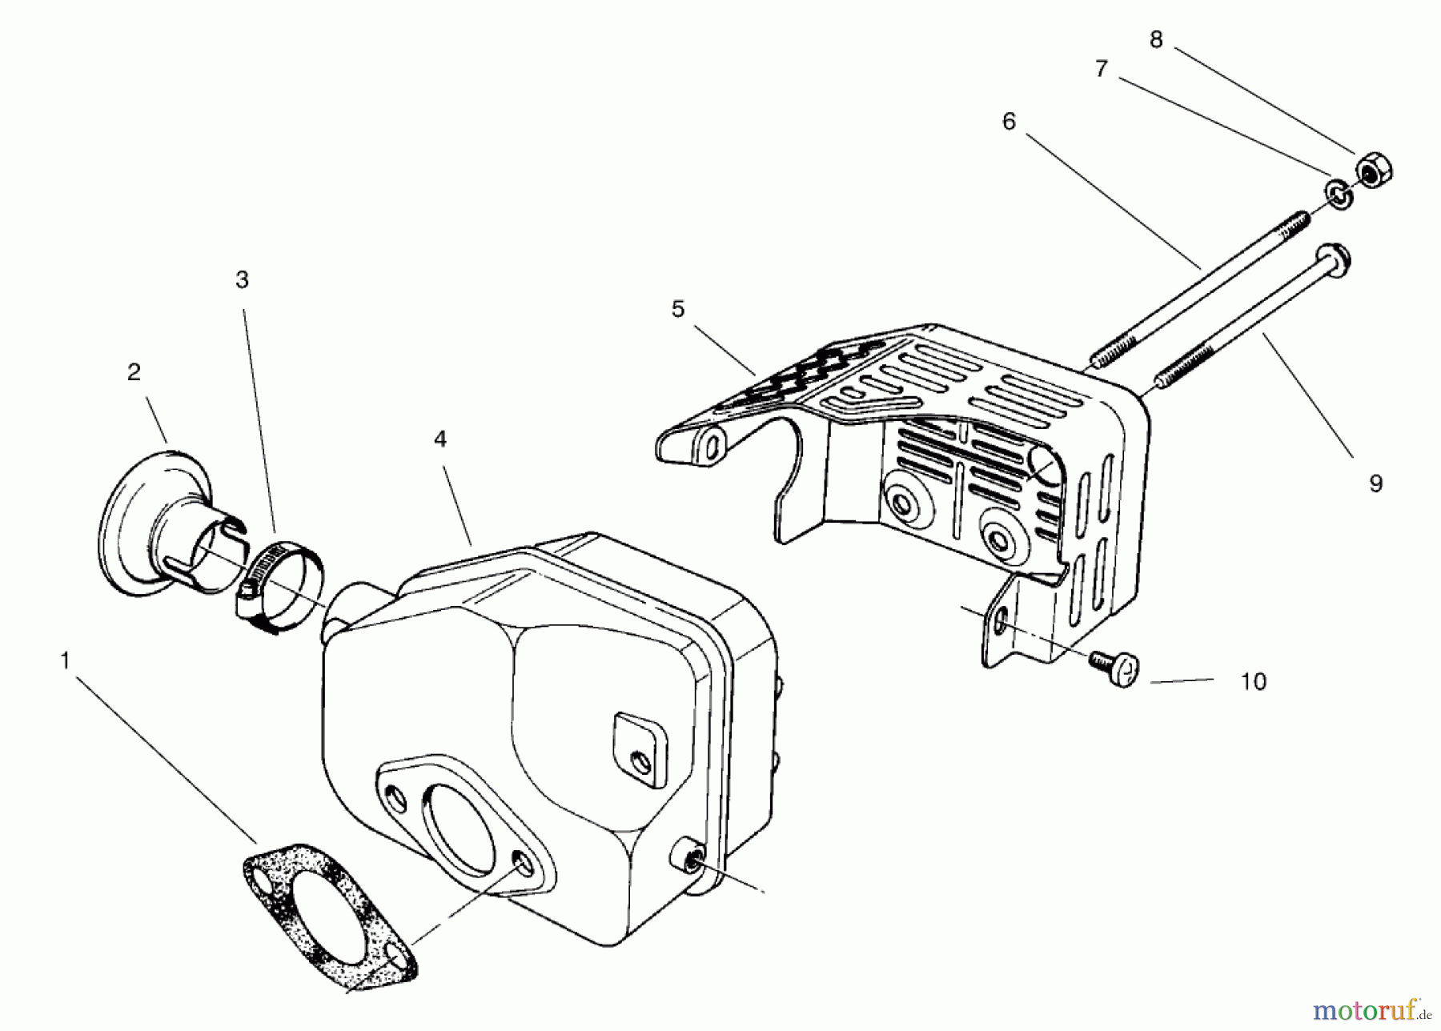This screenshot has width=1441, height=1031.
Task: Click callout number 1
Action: point(66,661)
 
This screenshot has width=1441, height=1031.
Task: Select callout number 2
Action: point(134,372)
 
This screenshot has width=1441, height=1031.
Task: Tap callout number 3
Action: point(242,279)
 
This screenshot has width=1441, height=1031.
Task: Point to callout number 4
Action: point(440,439)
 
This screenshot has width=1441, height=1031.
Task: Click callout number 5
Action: point(678,309)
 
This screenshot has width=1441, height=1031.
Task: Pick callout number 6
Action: point(1009,122)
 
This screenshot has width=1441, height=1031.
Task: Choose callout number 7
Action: point(1102,70)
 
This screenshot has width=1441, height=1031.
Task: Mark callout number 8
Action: point(1155,39)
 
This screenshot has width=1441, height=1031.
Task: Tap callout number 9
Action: point(1375,483)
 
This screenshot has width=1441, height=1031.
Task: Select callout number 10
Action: point(1253,681)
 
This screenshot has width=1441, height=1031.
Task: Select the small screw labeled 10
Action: point(1116,665)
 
